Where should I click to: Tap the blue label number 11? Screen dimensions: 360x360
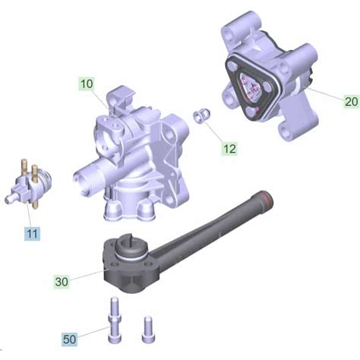[30, 234]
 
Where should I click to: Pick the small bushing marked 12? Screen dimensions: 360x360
[201, 115]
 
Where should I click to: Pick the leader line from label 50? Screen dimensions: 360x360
[94, 332]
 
